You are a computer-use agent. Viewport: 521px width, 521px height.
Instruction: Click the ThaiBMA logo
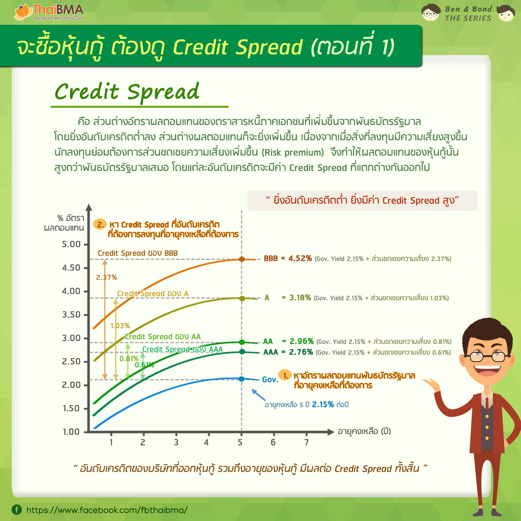coord(49,12)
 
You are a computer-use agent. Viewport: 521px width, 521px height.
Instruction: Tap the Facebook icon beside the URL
coord(17,510)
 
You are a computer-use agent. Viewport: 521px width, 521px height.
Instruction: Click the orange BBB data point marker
coord(242,259)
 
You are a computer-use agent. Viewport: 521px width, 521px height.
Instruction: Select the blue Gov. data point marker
coord(242,379)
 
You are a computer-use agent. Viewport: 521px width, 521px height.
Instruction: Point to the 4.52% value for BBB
coord(300,259)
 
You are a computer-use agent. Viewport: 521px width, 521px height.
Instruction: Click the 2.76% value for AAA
coord(301,352)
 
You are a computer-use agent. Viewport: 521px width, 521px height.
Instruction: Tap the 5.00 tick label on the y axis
coord(71,244)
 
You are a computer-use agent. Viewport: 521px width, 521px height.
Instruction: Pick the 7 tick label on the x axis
coord(306,442)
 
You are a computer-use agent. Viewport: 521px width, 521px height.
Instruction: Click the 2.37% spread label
coord(106,277)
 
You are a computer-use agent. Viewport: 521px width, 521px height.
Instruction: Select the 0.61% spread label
coord(144,365)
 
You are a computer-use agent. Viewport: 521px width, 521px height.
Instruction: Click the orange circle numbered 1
coord(285,375)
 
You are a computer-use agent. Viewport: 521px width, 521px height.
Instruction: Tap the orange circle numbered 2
coord(100,224)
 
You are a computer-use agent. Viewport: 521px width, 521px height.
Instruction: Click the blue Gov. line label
coord(270,380)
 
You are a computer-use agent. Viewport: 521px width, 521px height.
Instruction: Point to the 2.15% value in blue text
coord(323,404)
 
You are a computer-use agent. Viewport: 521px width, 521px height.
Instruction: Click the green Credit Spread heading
coord(127,92)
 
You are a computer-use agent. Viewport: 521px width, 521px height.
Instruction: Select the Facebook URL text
coord(107,510)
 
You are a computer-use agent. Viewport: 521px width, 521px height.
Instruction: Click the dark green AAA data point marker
coord(242,352)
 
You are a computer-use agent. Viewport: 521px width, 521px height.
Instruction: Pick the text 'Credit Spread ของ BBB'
coord(138,253)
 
